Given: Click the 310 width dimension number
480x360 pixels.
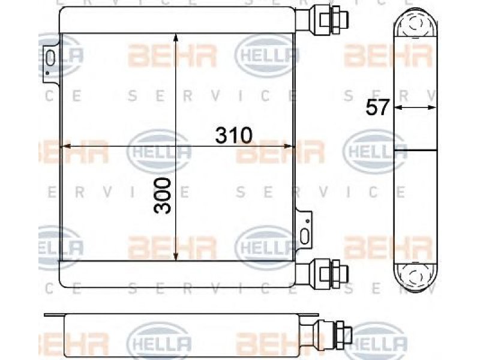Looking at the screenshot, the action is click(233, 136).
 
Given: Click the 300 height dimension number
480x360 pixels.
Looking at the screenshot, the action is click(162, 196).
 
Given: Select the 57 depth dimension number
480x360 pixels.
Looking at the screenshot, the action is click(377, 107).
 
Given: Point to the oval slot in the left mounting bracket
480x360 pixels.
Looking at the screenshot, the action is click(51, 58).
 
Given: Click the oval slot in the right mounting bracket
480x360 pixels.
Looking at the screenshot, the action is click(305, 236).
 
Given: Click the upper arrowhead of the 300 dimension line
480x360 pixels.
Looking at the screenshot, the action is click(176, 37).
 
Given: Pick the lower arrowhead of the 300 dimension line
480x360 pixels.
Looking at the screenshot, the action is click(176, 257).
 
